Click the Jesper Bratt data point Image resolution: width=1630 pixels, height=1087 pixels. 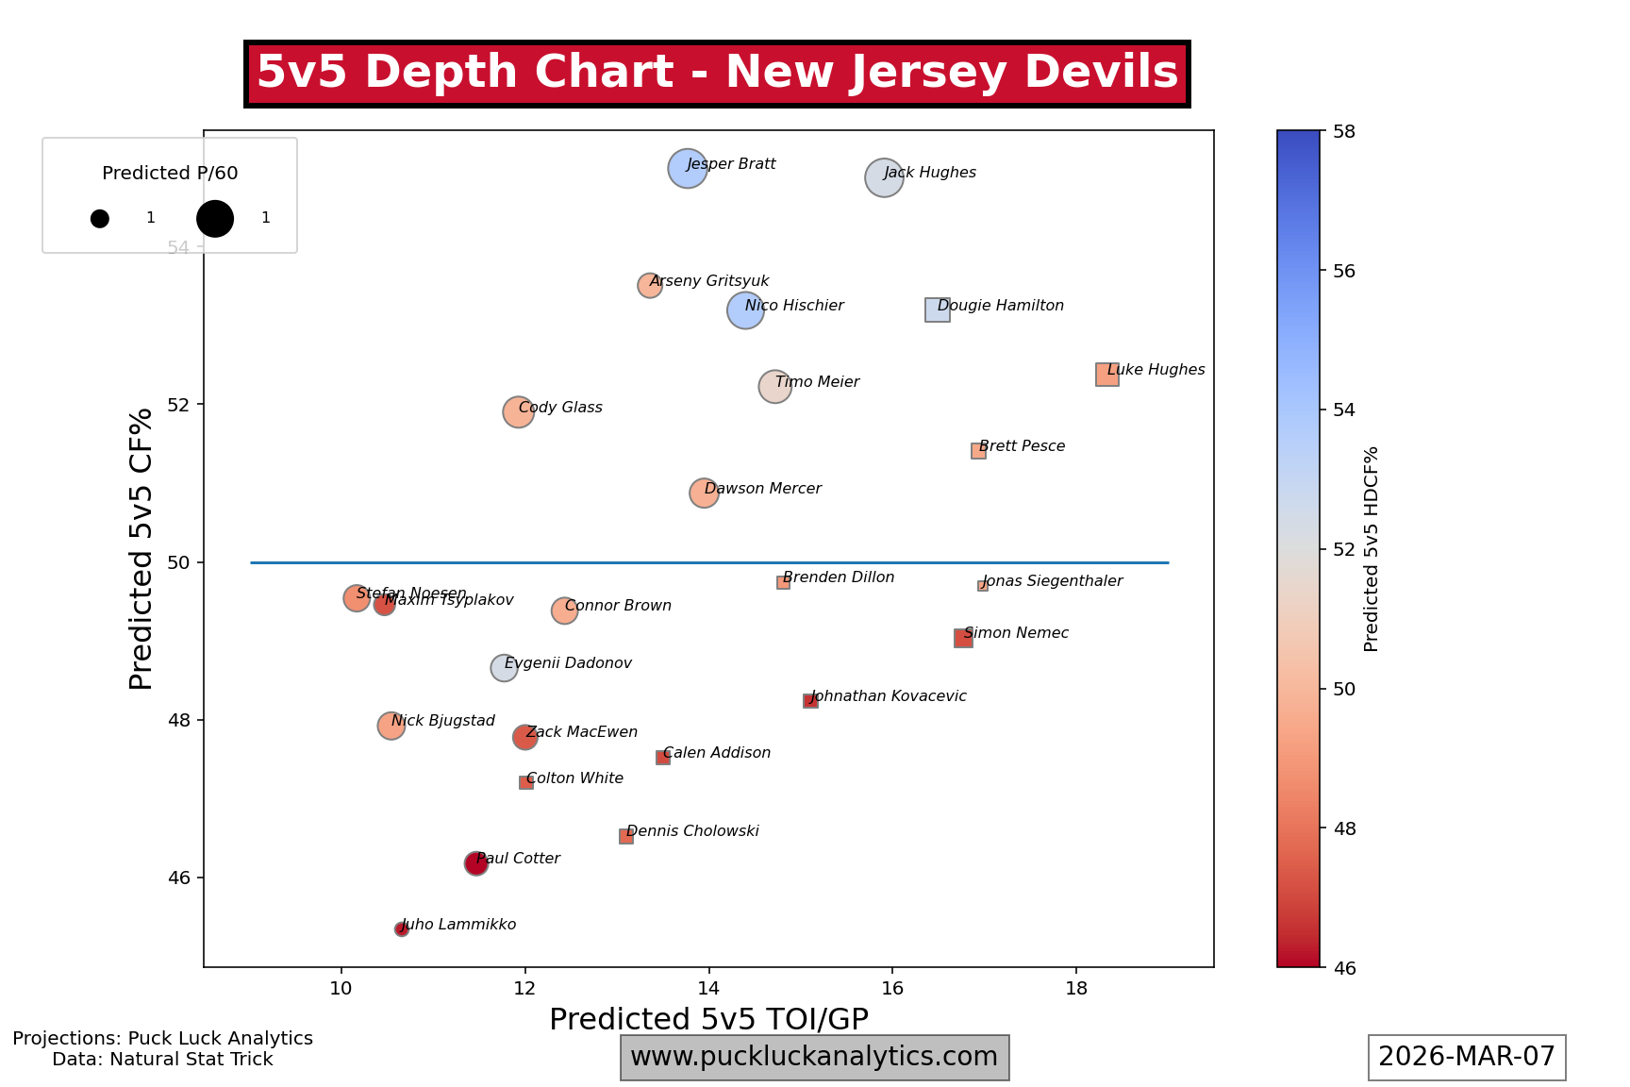coord(688,169)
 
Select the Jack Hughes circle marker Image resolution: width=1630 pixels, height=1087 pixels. coord(884,177)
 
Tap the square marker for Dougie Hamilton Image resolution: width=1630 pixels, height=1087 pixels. coord(938,309)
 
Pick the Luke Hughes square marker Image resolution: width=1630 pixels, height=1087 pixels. coord(1107,375)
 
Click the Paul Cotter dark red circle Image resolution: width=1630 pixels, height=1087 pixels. coord(476,863)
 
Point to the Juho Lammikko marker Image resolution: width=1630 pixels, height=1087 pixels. coord(402,929)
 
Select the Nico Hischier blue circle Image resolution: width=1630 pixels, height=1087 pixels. coord(745,309)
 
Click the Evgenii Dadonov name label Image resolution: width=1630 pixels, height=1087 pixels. coord(568,663)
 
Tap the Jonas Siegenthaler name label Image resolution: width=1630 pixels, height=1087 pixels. coord(1053,581)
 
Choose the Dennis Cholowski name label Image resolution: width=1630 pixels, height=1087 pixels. coord(692,831)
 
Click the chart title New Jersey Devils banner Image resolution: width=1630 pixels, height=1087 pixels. coord(717,73)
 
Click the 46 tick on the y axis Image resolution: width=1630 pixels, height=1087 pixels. coord(178,878)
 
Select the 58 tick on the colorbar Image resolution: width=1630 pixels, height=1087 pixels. coord(1343,131)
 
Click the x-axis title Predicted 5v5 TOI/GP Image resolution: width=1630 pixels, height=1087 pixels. coord(708,1019)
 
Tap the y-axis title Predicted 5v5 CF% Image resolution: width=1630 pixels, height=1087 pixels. coord(141,548)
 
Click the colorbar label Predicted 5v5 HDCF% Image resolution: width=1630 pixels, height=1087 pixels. coord(1372,548)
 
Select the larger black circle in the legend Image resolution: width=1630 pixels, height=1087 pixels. coord(215,218)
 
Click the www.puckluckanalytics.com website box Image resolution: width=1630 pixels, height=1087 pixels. coord(814,1057)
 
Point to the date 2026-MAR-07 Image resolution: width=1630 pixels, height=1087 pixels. coord(1467,1057)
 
